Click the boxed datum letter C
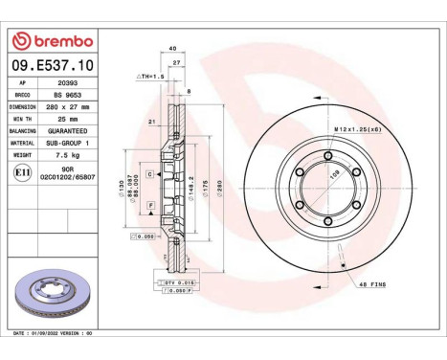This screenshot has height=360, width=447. pos(150,174)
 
